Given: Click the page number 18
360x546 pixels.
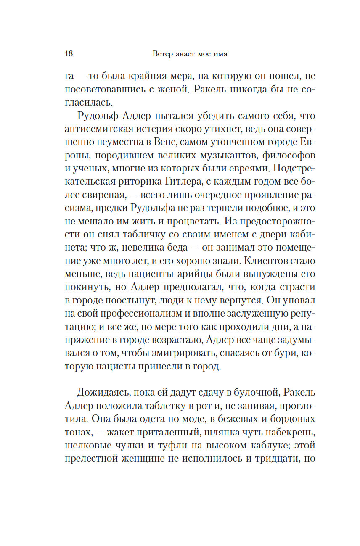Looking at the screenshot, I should point(69,54).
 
